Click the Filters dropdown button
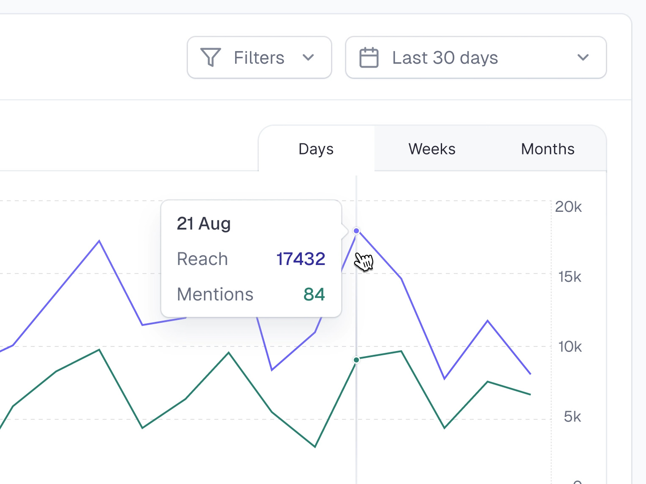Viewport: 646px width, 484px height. pyautogui.click(x=259, y=58)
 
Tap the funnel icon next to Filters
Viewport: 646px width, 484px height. pyautogui.click(x=210, y=57)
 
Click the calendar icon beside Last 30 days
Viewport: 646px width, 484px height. pyautogui.click(x=369, y=58)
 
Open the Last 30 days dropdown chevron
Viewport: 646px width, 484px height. pyautogui.click(x=583, y=57)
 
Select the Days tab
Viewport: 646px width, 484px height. pyautogui.click(x=316, y=149)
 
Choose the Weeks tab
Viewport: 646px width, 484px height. pyautogui.click(x=432, y=149)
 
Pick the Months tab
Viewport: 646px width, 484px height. pyautogui.click(x=548, y=149)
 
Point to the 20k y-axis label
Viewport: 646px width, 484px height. pyautogui.click(x=568, y=207)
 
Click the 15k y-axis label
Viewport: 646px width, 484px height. pyautogui.click(x=570, y=277)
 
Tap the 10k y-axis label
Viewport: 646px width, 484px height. pyautogui.click(x=570, y=347)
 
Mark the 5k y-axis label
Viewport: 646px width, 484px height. pyautogui.click(x=572, y=417)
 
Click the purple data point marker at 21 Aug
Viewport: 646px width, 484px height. pyautogui.click(x=356, y=231)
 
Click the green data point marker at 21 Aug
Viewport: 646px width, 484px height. pyautogui.click(x=356, y=360)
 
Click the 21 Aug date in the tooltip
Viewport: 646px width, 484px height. pyautogui.click(x=204, y=224)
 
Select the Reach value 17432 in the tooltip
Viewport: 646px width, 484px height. pyautogui.click(x=301, y=259)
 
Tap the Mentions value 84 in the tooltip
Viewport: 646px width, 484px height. pyautogui.click(x=314, y=295)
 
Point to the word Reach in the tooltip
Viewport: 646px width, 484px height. pyautogui.click(x=202, y=259)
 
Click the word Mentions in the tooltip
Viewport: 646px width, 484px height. pyautogui.click(x=215, y=295)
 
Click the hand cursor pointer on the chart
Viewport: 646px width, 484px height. pyautogui.click(x=364, y=261)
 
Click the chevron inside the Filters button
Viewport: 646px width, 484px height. pyautogui.click(x=308, y=57)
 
